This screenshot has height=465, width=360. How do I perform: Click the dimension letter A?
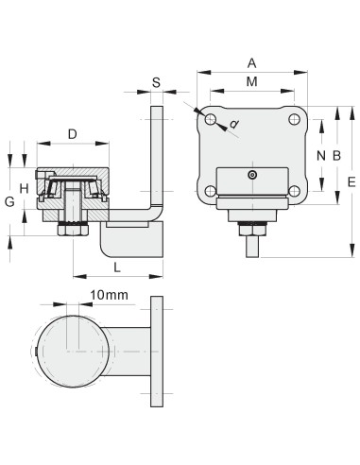[251, 62]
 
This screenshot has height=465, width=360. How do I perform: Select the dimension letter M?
[251, 83]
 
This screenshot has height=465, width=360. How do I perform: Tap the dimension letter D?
[73, 134]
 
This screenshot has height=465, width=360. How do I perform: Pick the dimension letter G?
[9, 201]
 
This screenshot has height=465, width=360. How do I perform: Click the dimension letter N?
[321, 154]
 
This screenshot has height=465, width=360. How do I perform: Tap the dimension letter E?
[351, 181]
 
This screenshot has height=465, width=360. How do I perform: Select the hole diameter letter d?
[233, 125]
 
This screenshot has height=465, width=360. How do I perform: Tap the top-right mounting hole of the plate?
[293, 120]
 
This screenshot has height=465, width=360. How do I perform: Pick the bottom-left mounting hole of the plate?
[210, 192]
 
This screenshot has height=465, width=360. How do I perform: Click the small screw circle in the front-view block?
[251, 176]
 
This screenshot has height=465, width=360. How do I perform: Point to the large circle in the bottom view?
[73, 351]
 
